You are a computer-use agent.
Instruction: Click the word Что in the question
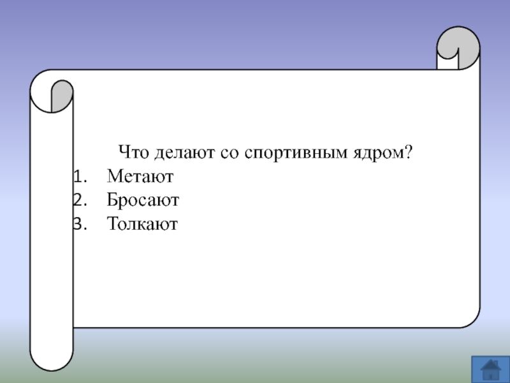point(133,152)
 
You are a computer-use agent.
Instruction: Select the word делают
point(184,153)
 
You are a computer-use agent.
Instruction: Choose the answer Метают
point(140,176)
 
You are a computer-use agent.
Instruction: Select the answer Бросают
point(143,200)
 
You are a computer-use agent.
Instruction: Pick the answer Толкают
point(142,224)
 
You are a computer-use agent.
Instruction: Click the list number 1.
point(80,177)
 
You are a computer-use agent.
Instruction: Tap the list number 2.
point(80,200)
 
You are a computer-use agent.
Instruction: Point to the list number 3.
point(80,224)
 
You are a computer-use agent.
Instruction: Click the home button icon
point(491,370)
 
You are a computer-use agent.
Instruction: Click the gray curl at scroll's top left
point(62,94)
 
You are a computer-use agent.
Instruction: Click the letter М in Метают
point(115,176)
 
